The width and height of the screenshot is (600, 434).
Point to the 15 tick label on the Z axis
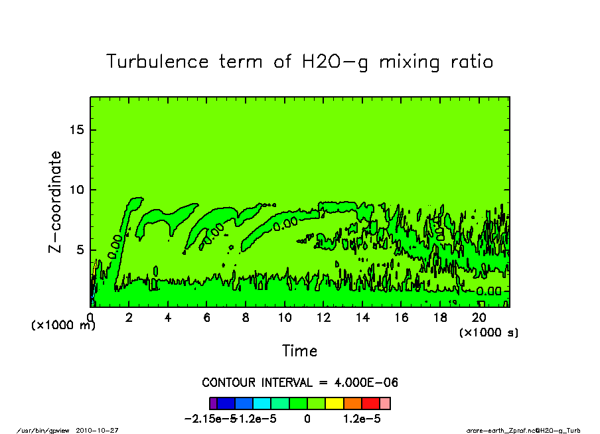[77, 129]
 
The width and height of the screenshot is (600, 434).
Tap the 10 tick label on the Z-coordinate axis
[77, 190]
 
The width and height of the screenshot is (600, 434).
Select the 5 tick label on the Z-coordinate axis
[81, 250]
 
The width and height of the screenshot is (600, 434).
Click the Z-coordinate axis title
[55, 202]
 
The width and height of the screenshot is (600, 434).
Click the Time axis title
[299, 350]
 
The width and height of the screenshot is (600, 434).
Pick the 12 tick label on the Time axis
[323, 318]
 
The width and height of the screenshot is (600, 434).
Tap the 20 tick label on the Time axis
[479, 318]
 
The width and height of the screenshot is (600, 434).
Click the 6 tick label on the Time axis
[207, 318]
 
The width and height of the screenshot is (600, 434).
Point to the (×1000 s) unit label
[488, 332]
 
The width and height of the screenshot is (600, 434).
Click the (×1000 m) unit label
[64, 325]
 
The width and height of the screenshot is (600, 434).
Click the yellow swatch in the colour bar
[334, 403]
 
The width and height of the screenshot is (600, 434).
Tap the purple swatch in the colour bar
[213, 403]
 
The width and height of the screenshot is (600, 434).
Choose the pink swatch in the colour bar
[385, 403]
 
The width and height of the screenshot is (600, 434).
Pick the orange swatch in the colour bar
[352, 403]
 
